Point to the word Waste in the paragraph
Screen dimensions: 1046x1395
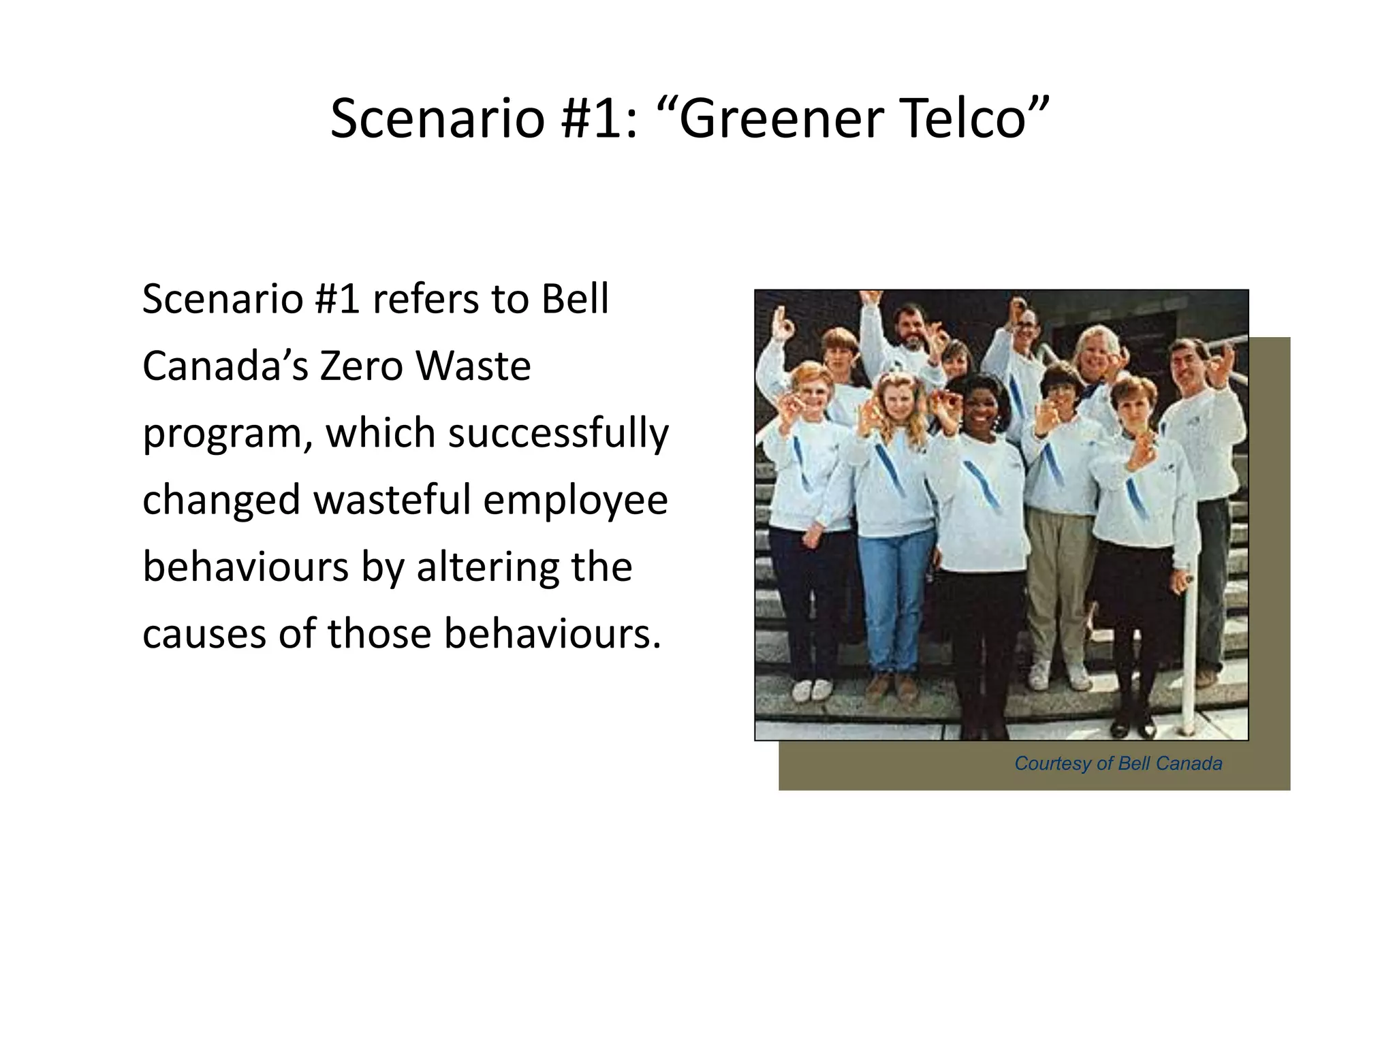(473, 366)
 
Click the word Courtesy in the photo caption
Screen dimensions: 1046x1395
(1052, 763)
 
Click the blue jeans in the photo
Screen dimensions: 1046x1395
(894, 599)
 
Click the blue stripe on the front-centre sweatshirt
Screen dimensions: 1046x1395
(981, 484)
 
